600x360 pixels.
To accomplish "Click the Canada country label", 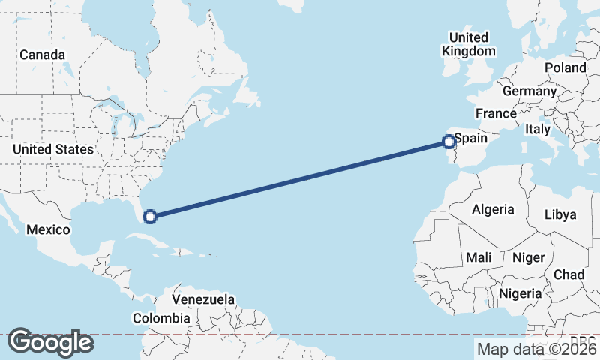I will [42, 55].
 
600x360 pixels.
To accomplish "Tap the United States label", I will [52, 149].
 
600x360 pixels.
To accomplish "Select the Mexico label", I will [48, 229].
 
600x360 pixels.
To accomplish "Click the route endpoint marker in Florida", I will [149, 217].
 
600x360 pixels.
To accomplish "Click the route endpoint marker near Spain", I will [448, 141].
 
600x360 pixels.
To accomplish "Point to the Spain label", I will [472, 139].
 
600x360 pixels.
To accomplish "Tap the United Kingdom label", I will [469, 44].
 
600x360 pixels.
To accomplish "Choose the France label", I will [496, 114].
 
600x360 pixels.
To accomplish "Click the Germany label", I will [529, 91].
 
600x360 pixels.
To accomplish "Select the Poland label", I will [565, 67].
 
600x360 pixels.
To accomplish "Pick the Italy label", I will [537, 129].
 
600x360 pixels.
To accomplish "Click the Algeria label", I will [493, 209].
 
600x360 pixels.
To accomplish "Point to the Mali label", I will [478, 257].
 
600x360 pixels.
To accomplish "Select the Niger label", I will [528, 257].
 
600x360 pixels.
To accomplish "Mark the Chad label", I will [569, 274].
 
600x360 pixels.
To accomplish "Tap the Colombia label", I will [161, 318].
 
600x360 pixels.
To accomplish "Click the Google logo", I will [51, 342].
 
